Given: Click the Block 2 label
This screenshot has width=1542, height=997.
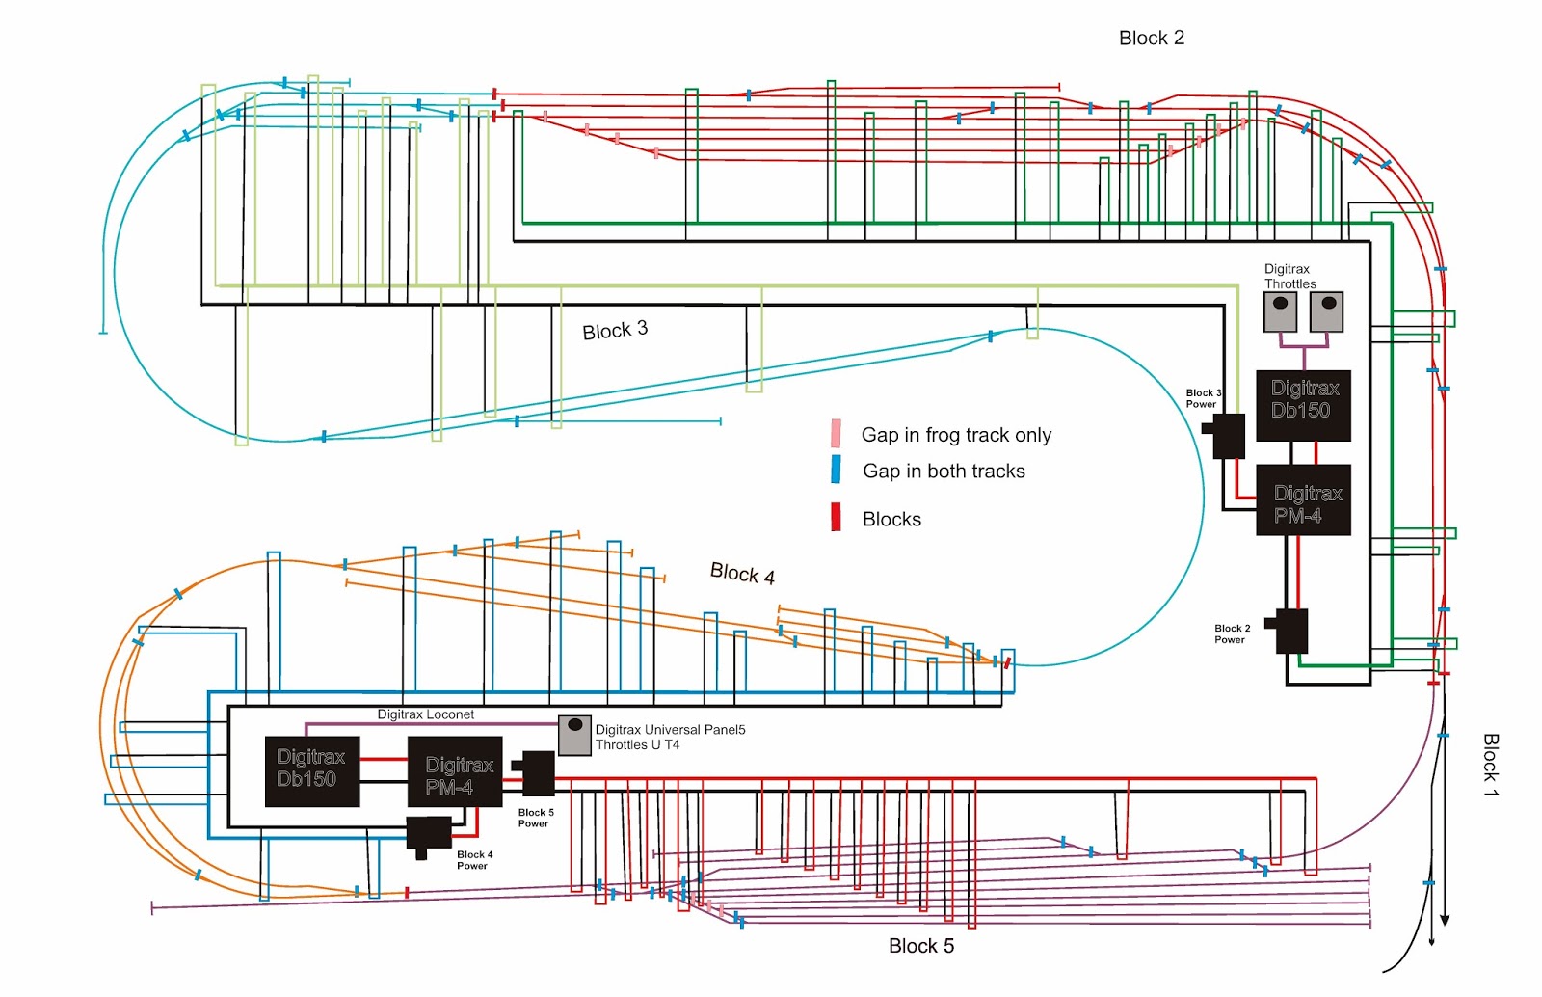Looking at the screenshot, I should pos(1151,38).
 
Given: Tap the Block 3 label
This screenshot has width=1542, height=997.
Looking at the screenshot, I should pos(615,330).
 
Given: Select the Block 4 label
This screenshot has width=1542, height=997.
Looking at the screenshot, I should pos(742,574).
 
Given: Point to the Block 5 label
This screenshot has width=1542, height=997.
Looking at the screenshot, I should pos(920,946).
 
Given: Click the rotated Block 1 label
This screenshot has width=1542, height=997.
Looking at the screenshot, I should pos(1490,765).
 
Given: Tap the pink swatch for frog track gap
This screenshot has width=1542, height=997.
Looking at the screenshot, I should pos(836,434).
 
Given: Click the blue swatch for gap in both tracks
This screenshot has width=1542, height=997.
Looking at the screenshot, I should pos(836,470).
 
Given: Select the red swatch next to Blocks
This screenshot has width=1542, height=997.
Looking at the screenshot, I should pos(836,518).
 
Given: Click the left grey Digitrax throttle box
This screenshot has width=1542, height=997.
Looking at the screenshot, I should pos(1280,311).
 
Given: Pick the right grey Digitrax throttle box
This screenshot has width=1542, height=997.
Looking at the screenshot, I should pos(1327,311).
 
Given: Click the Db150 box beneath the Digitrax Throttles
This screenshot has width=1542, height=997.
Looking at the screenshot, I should pos(1303,405).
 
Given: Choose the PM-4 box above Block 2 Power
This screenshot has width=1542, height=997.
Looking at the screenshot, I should pos(1303,499).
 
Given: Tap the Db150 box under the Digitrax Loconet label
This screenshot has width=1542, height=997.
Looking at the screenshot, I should pos(312,771).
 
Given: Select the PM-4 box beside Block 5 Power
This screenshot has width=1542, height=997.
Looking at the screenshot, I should pos(455,771).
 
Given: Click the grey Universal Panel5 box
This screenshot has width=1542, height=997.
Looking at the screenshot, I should pos(574,735).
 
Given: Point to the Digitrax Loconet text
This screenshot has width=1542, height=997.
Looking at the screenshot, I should pos(425,714).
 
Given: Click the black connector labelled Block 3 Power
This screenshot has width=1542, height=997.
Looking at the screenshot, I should pos(1227,435).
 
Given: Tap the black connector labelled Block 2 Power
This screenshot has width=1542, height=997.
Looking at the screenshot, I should pos(1289,631).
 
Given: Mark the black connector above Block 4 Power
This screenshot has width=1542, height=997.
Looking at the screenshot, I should pos(429,835).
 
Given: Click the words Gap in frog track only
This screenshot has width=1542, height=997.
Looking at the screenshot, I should pos(956,435).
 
